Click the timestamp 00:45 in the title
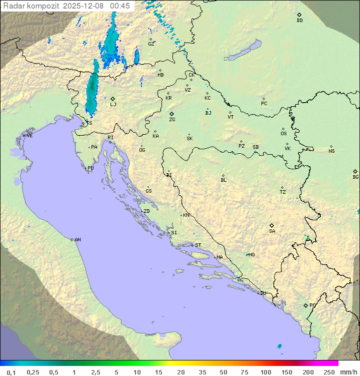click(120, 6)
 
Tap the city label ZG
click(172, 120)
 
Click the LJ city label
click(113, 104)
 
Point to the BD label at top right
click(299, 21)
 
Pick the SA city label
click(272, 231)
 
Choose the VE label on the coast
click(29, 136)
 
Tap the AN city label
click(77, 240)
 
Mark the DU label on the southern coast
click(263, 293)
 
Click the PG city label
click(312, 305)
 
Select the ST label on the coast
click(198, 245)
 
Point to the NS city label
click(331, 151)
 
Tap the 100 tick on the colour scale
click(266, 372)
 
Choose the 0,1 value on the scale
click(11, 372)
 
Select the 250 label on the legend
click(329, 372)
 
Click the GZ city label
click(151, 44)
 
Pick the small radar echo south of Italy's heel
click(279, 346)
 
